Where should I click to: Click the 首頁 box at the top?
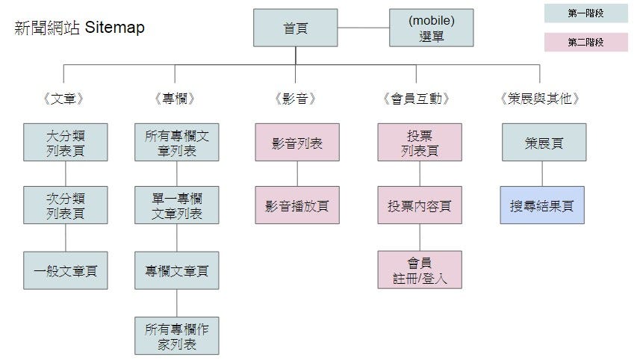pyautogui.click(x=295, y=28)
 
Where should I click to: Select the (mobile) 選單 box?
pyautogui.click(x=431, y=28)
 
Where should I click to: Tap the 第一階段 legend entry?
pyautogui.click(x=585, y=13)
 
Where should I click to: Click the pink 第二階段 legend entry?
pyautogui.click(x=585, y=42)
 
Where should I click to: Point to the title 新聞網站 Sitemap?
pyautogui.click(x=80, y=28)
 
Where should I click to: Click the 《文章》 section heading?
pyautogui.click(x=64, y=99)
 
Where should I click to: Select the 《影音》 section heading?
pyautogui.click(x=296, y=99)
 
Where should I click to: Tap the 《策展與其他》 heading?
pyautogui.click(x=541, y=99)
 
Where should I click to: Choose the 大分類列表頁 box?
pyautogui.click(x=65, y=142)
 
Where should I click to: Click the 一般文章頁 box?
pyautogui.click(x=65, y=270)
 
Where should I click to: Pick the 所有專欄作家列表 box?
pyautogui.click(x=177, y=335)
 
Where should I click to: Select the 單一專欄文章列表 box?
pyautogui.click(x=177, y=205)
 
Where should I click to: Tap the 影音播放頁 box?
pyautogui.click(x=297, y=205)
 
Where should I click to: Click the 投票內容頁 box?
pyautogui.click(x=419, y=205)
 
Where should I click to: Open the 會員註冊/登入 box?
pyautogui.click(x=419, y=270)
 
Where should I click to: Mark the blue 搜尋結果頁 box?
pyautogui.click(x=542, y=205)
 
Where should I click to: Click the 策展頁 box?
pyautogui.click(x=542, y=142)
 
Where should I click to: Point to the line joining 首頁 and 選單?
pyautogui.click(x=363, y=28)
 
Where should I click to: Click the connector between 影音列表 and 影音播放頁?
pyautogui.click(x=297, y=173)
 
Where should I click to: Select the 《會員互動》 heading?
pyautogui.click(x=419, y=99)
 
